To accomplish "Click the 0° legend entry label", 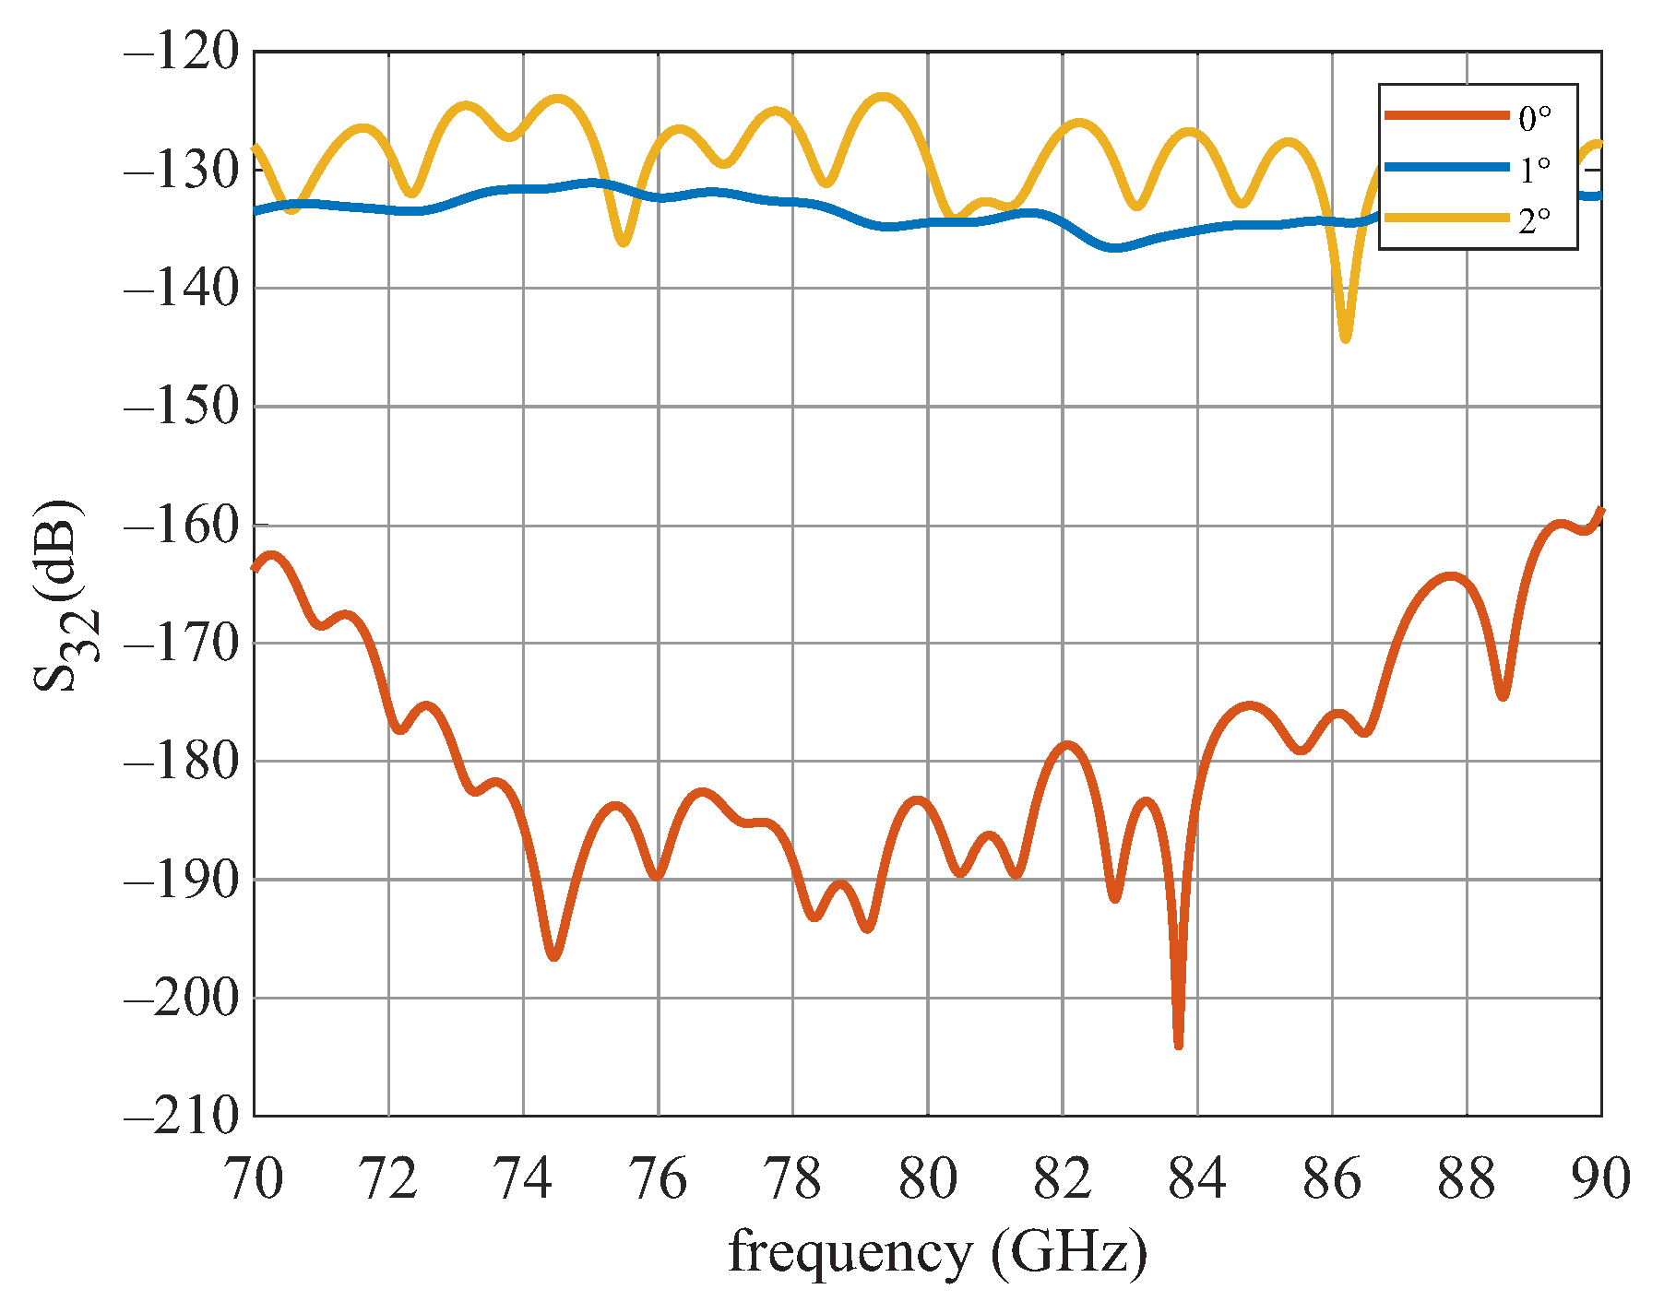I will point(1535,117).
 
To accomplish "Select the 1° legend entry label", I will point(1535,169).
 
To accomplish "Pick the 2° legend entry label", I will point(1535,219).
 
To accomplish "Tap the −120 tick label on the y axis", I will point(181,52).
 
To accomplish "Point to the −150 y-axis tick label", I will point(181,407).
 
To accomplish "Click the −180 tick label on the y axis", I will point(181,762).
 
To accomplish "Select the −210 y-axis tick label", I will point(181,1117).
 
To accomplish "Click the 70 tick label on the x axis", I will point(255,1179).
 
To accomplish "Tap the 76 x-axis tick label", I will point(659,1179).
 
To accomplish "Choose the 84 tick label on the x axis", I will point(1197,1179).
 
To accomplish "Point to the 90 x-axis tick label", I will point(1601,1179).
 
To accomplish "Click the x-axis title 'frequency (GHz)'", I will point(937,1253).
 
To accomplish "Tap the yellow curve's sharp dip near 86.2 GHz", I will point(1346,339).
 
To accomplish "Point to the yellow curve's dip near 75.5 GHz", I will point(624,242).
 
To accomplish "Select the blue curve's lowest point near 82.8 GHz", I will point(1115,248).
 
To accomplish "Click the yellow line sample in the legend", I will point(1445,219).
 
